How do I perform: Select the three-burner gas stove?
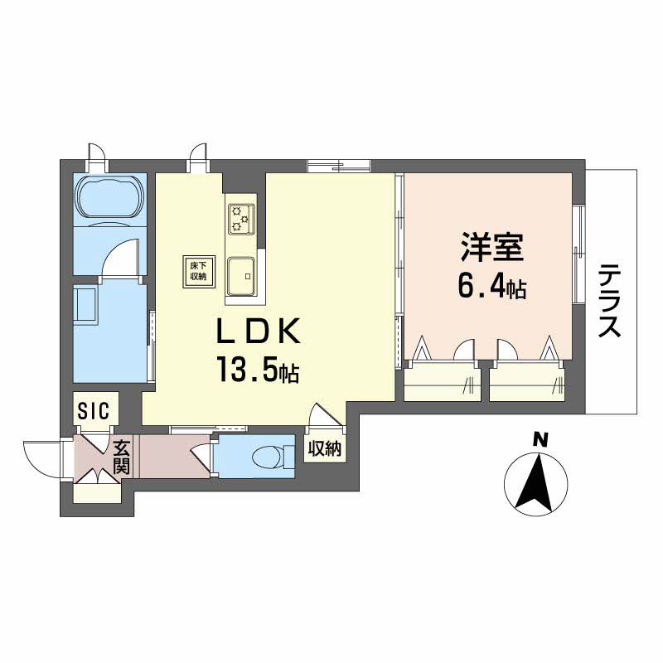click(x=241, y=219)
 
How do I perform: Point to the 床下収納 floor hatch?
click(x=199, y=272)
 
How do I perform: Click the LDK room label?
click(x=259, y=331)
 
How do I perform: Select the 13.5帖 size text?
click(x=258, y=369)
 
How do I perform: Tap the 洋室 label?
click(x=492, y=247)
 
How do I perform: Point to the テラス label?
click(x=610, y=300)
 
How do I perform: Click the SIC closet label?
click(x=94, y=410)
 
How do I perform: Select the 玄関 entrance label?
click(x=122, y=457)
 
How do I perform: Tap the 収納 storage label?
click(x=324, y=448)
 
